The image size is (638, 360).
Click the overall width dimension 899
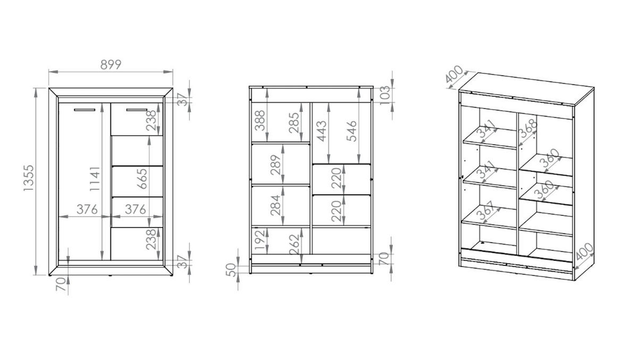pyautogui.click(x=111, y=65)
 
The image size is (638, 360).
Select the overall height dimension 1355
pyautogui.click(x=29, y=178)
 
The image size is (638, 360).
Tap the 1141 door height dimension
pyautogui.click(x=95, y=179)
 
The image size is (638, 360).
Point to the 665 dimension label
pyautogui.click(x=142, y=179)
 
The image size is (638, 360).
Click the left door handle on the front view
pyautogui.click(x=85, y=110)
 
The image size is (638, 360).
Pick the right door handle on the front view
pyautogui.click(x=137, y=110)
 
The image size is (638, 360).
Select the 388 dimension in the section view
pyautogui.click(x=260, y=121)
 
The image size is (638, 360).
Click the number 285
pyautogui.click(x=294, y=123)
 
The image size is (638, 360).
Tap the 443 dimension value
pyautogui.click(x=322, y=131)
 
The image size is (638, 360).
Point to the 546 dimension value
pyautogui.click(x=352, y=131)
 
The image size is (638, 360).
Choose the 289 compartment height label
pyautogui.click(x=276, y=165)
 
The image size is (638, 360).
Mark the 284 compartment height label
pyautogui.click(x=276, y=205)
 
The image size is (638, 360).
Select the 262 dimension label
pyautogui.click(x=294, y=245)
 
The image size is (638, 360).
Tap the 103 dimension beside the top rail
pyautogui.click(x=385, y=95)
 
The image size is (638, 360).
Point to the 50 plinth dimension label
pyautogui.click(x=231, y=270)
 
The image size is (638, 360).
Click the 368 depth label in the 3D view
pyautogui.click(x=528, y=128)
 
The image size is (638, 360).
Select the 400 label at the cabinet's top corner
pyautogui.click(x=454, y=74)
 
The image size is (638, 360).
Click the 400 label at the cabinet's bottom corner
pyautogui.click(x=584, y=252)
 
